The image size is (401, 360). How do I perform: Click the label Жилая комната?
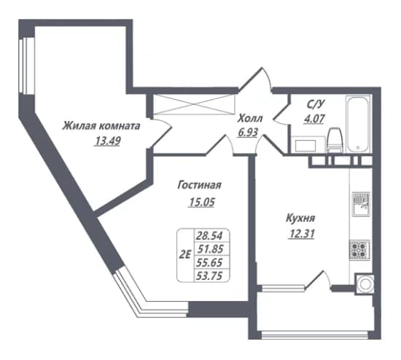coord(101,126)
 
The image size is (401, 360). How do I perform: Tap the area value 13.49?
coord(107,141)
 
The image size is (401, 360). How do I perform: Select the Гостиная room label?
coord(200,185)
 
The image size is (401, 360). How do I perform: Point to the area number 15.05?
coord(201,202)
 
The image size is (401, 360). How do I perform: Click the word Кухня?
coord(300,219)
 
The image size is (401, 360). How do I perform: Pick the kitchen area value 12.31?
coord(301,233)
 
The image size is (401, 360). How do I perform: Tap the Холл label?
coord(250,119)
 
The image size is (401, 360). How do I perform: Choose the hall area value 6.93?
coord(248,133)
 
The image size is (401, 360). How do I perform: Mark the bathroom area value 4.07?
coord(314,118)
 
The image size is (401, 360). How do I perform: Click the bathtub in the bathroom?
coord(358,124)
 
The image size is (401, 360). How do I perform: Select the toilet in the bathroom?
coord(335,140)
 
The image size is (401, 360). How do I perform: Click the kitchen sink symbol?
coord(361,204)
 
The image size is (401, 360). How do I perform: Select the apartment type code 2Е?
coord(185,254)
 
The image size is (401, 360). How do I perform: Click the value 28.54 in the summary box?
coord(209,235)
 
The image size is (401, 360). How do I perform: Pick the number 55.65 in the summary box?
coord(209,262)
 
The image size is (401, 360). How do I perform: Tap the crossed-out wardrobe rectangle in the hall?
coord(194,104)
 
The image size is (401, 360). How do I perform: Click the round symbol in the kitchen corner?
coord(364,284)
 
